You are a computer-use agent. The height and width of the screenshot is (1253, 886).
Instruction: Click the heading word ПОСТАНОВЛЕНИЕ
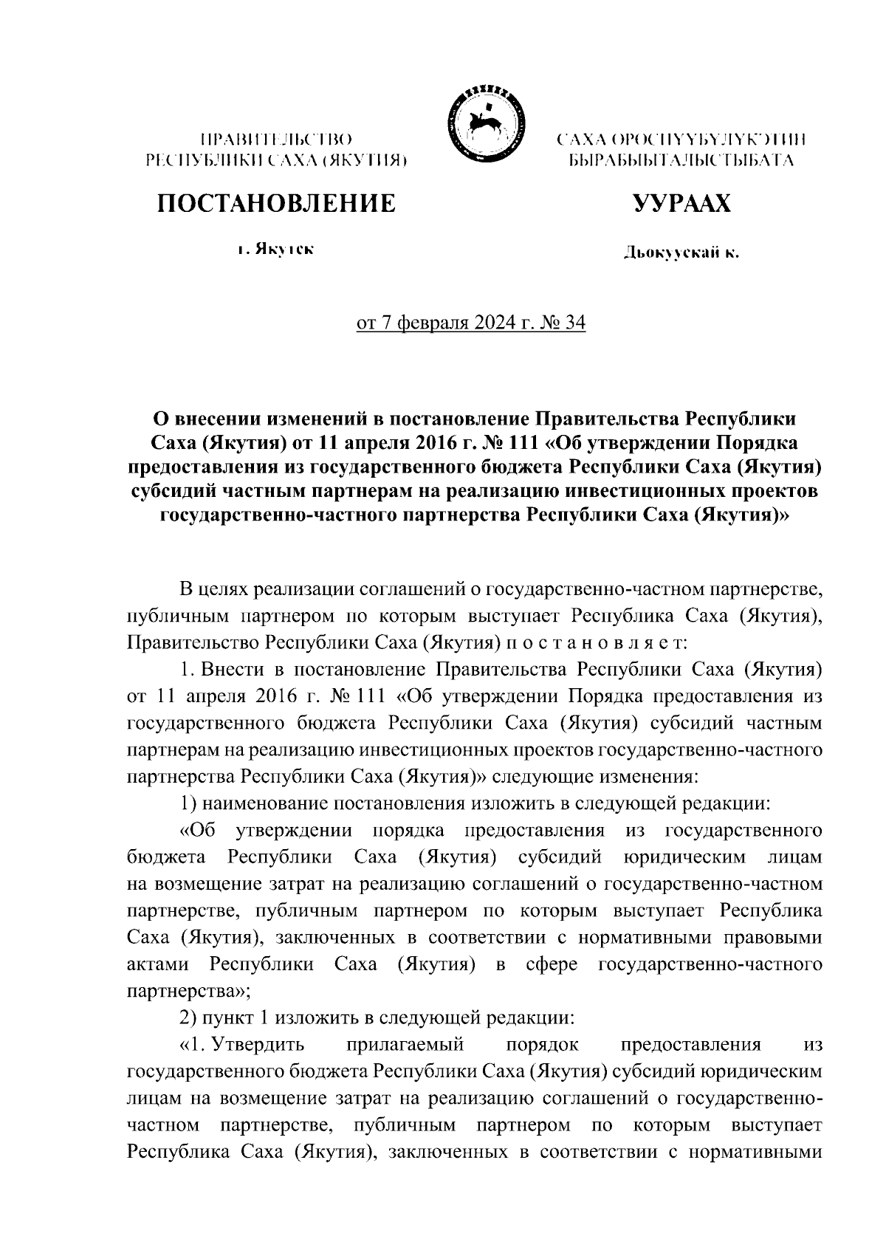click(275, 203)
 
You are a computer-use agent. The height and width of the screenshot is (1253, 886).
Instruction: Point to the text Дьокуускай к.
click(681, 254)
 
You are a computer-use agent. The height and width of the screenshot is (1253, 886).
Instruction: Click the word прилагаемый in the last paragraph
click(404, 1045)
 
